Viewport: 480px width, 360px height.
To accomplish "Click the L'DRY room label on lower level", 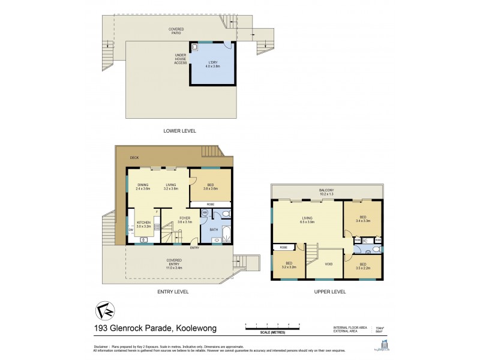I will coord(214,64).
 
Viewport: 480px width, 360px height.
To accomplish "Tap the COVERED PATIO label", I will coord(176,31).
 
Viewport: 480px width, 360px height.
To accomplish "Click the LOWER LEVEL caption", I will coord(179,130).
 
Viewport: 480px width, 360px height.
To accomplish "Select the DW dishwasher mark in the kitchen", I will coord(131,229).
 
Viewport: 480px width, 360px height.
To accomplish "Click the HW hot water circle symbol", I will coord(205,212).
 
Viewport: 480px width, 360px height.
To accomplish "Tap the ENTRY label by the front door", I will coord(194,248).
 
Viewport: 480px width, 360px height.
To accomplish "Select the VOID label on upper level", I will coord(328,263).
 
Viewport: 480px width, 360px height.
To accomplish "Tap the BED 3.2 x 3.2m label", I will coord(287,265).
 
